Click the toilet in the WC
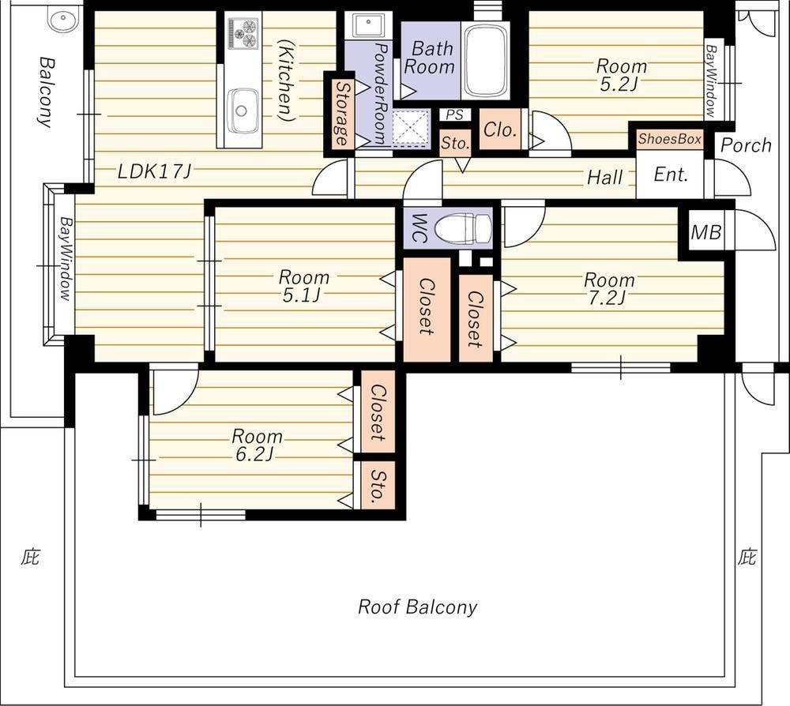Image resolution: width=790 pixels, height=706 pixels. [462, 228]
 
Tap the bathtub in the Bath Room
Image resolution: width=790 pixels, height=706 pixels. [486, 60]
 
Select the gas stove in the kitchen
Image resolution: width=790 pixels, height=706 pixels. [243, 33]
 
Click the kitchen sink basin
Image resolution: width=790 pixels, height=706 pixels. [243, 111]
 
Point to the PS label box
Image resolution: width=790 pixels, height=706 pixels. [454, 115]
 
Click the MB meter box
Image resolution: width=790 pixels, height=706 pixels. [705, 233]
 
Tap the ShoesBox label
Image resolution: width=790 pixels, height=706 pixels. [670, 138]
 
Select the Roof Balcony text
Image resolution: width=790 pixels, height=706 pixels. [417, 606]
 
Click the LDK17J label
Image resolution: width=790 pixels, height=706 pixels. [154, 172]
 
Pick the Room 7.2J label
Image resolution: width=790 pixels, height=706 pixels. [608, 289]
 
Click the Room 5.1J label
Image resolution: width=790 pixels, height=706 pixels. [304, 286]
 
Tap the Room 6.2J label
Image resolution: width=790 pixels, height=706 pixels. [257, 445]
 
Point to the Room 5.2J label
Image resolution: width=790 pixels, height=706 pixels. [621, 74]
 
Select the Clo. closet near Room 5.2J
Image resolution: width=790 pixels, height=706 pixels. [500, 130]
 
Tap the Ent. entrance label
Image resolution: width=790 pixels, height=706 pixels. [671, 175]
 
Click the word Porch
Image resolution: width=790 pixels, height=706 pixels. [746, 145]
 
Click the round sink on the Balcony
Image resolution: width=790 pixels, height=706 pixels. [63, 21]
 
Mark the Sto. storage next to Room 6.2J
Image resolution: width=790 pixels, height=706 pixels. [378, 485]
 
